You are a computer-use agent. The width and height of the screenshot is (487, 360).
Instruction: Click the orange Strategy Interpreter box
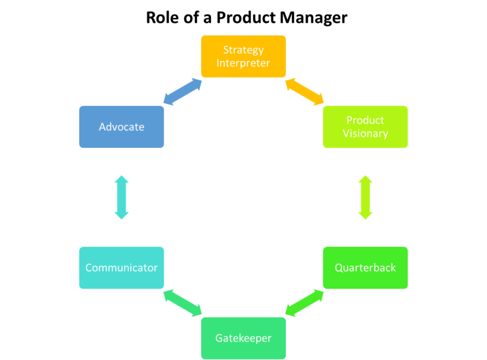[x=243, y=56]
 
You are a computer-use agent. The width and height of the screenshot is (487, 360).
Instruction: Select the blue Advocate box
[x=121, y=127]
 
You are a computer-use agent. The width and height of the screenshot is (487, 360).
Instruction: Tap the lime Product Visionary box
[x=365, y=127]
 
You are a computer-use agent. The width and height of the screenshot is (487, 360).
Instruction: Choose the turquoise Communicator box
[x=121, y=268]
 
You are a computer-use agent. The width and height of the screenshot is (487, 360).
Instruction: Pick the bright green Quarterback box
[x=365, y=268]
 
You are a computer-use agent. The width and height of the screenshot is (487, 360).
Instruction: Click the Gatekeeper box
[x=243, y=338]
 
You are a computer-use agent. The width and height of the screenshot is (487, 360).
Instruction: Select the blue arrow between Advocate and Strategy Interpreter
[x=183, y=91]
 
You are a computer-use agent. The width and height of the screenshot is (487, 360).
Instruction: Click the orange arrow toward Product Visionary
[x=304, y=91]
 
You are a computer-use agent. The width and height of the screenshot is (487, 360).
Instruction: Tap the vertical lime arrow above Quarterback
[x=365, y=197]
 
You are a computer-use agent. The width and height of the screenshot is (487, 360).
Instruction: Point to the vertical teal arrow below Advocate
[x=121, y=197]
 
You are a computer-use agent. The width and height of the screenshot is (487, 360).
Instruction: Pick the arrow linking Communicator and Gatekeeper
[x=183, y=303]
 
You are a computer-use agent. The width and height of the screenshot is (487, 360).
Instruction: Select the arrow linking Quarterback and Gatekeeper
[x=304, y=303]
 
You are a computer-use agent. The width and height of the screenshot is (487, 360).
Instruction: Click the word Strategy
[x=243, y=50]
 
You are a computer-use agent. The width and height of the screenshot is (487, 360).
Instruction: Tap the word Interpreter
[x=243, y=63]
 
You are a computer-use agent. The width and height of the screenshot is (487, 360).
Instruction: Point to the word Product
[x=365, y=120]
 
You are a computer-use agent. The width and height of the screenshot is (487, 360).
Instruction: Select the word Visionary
[x=365, y=134]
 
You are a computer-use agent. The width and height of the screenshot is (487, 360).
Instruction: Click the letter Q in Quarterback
[x=339, y=268]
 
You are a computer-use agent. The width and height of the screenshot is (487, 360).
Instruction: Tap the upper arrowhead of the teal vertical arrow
[x=121, y=179]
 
